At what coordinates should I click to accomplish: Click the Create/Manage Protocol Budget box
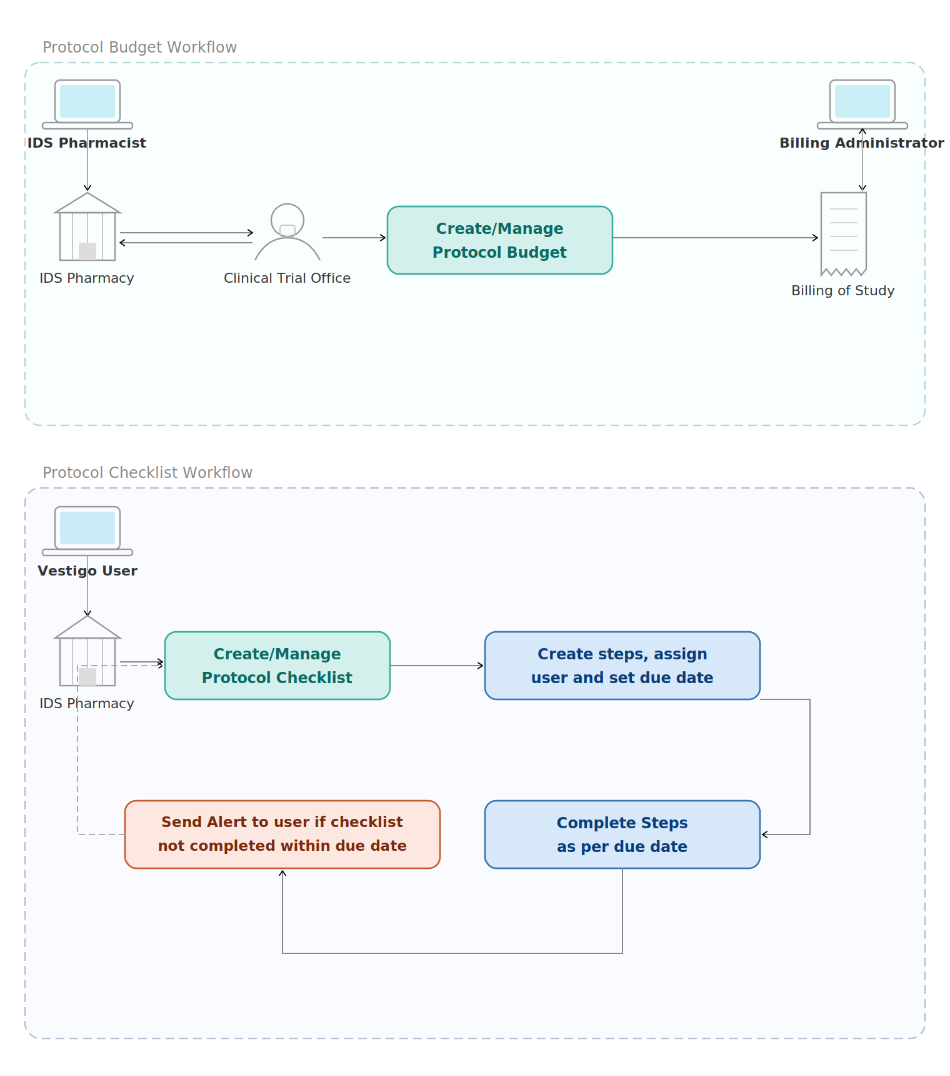coord(499,240)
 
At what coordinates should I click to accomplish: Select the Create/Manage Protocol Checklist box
coord(277,666)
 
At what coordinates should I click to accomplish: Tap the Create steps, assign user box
coord(622,666)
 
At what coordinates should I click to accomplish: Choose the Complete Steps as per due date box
coord(622,835)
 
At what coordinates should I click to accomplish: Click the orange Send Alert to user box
coord(282,835)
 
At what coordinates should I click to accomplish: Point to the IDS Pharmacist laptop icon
coord(87,103)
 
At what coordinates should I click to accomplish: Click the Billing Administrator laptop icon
coord(862,103)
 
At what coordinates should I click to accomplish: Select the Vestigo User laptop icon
coord(87,530)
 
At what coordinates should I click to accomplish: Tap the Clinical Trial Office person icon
coord(287,232)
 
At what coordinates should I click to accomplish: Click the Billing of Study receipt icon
coord(843,233)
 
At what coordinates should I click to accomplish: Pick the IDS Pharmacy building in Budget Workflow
coord(87,228)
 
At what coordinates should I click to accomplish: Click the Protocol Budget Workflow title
coord(139,48)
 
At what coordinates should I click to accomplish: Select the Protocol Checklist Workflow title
coord(147,473)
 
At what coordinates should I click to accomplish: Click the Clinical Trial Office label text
coord(287,278)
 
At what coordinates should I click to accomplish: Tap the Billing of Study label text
coord(842,291)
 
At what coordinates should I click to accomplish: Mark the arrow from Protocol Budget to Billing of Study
coord(716,238)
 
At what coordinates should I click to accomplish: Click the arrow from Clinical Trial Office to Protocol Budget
coord(354,238)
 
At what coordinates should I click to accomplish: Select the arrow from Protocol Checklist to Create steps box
coord(437,666)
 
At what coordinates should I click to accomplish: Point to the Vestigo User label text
coord(87,571)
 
